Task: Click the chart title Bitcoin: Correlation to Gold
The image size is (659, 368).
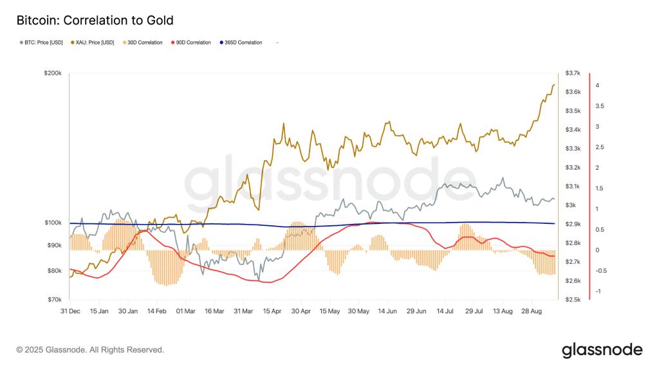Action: (x=95, y=21)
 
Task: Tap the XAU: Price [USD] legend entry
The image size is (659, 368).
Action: (x=94, y=42)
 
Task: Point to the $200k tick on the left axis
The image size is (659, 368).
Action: (x=53, y=74)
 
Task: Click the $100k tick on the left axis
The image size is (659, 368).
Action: (x=53, y=223)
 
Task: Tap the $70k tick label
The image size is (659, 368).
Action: (x=54, y=300)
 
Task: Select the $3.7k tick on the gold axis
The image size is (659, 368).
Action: (x=572, y=73)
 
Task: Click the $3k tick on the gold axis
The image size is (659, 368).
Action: (x=570, y=205)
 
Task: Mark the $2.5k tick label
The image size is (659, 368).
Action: (x=572, y=300)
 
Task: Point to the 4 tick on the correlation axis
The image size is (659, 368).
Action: (x=597, y=85)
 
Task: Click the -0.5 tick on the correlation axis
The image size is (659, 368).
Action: (x=600, y=271)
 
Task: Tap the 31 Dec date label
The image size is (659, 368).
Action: (x=70, y=311)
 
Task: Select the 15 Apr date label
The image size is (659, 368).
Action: (x=272, y=311)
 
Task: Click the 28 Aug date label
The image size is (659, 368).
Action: (x=532, y=311)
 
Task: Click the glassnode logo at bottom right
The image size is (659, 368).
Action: (x=602, y=350)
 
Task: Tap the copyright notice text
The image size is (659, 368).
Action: (x=90, y=350)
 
